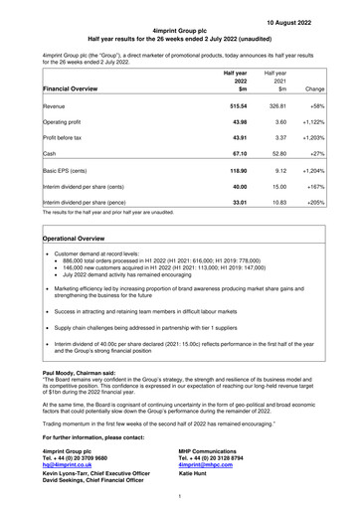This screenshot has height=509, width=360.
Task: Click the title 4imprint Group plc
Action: tap(179, 33)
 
